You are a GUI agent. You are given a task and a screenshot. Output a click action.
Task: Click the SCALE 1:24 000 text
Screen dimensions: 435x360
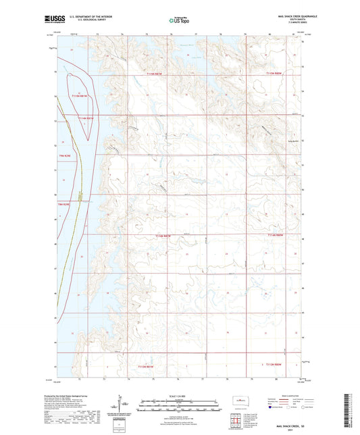pyautogui.click(x=180, y=395)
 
